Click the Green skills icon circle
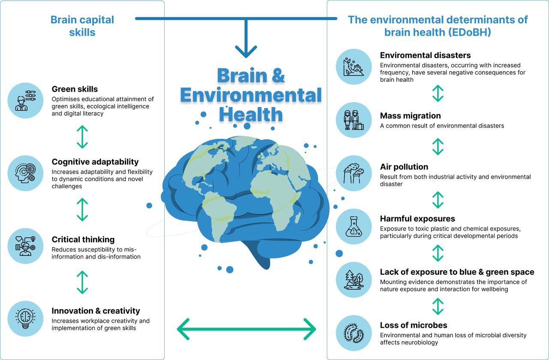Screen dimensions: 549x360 [x=25, y=100]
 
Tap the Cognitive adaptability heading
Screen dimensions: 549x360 [x=95, y=162]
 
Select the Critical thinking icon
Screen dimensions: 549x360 [x=25, y=246]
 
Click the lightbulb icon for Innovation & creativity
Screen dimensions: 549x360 [x=25, y=318]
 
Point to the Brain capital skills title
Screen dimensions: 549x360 [x=82, y=26]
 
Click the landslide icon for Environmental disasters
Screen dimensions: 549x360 [x=354, y=66]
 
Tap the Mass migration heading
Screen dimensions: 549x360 [x=410, y=116]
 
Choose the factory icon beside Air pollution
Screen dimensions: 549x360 [x=354, y=173]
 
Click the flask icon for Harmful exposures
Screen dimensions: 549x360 [x=354, y=227]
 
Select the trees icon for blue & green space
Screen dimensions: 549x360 [x=354, y=280]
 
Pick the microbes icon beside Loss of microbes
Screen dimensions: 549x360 [x=354, y=333]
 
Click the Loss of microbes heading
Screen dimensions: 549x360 [x=413, y=325]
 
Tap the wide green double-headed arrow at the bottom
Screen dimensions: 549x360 [x=246, y=329]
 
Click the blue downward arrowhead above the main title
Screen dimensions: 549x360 [x=246, y=51]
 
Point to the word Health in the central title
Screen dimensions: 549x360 [x=251, y=114]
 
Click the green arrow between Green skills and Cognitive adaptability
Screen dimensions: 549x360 [x=82, y=137]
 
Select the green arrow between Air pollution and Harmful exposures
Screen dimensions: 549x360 [x=438, y=200]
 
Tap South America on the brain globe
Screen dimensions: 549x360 [x=219, y=216]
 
